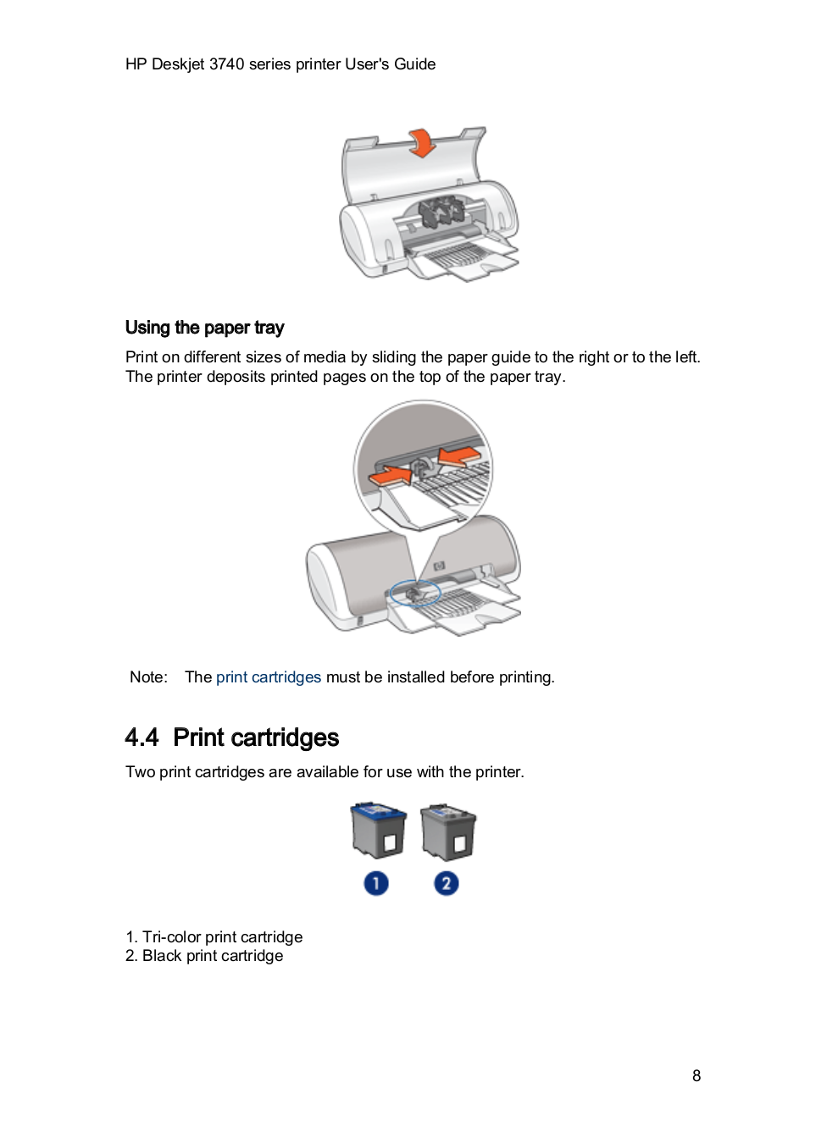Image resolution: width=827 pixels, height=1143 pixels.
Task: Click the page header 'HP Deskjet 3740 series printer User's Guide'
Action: click(280, 64)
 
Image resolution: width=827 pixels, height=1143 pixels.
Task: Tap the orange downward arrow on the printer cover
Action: click(421, 142)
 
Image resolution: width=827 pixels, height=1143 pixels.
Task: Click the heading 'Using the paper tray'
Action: click(204, 328)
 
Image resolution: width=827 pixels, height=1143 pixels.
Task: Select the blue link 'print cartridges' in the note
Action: click(268, 677)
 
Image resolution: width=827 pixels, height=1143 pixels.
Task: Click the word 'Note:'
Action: click(148, 677)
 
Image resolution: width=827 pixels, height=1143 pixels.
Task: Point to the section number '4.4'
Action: click(142, 737)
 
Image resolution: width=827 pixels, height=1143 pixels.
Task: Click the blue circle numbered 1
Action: click(376, 884)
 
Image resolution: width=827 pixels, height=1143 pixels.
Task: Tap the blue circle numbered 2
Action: click(447, 884)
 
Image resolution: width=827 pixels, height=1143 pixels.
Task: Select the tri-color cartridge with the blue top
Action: click(378, 831)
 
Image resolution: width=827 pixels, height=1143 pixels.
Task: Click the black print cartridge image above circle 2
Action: click(448, 831)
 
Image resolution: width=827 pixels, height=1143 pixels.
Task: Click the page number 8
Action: click(697, 1076)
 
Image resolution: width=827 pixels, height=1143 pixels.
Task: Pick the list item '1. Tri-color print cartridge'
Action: click(214, 937)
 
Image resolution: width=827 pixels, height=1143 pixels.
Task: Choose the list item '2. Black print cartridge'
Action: click(204, 956)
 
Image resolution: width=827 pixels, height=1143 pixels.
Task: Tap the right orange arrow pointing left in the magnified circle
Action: click(460, 458)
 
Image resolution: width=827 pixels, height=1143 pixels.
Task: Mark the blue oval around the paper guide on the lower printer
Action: click(415, 593)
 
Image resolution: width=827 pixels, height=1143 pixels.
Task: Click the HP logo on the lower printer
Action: click(439, 566)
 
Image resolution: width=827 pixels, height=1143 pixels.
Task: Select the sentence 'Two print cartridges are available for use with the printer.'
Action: click(325, 772)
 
